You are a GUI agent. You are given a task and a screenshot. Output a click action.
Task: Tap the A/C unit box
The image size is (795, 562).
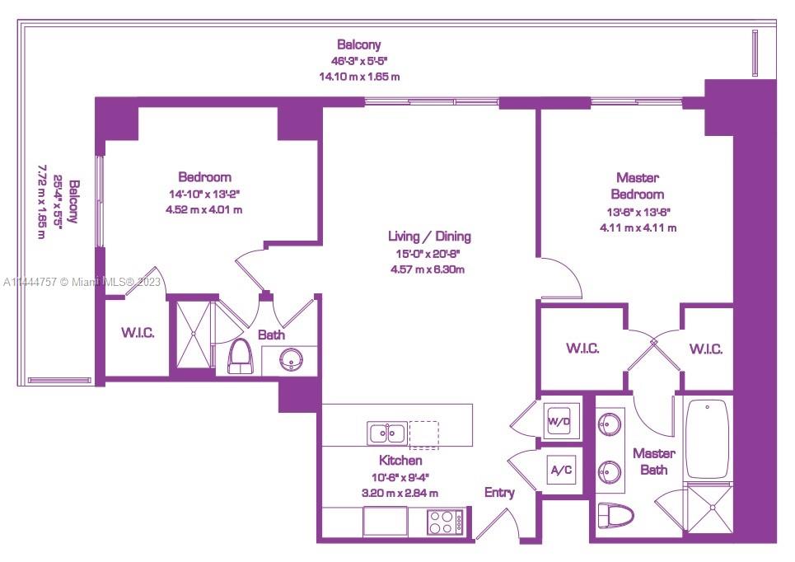(561, 471)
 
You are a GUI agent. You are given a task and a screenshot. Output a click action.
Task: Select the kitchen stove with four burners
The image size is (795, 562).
(445, 522)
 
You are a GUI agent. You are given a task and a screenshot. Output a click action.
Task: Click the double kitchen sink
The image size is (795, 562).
(387, 433)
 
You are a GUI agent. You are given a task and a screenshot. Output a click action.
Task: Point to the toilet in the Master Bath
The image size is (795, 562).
(616, 515)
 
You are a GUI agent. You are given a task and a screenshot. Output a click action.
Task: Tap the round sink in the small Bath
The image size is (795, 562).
(291, 360)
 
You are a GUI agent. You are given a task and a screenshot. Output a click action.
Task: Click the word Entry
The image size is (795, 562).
(499, 493)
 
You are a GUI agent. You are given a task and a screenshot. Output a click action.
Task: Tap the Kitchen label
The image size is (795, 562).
(400, 461)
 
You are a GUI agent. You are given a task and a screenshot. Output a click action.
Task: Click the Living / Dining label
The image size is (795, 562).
(429, 237)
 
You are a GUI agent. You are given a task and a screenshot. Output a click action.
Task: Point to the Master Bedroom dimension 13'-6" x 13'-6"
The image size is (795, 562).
(638, 213)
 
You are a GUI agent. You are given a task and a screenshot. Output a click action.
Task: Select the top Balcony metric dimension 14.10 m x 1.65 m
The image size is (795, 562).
(359, 77)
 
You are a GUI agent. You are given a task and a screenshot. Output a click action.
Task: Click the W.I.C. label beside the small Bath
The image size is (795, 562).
(138, 333)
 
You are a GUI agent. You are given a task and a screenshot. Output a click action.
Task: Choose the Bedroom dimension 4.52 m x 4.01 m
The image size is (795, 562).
(203, 209)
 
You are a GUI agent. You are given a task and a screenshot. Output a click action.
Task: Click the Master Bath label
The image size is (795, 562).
(654, 461)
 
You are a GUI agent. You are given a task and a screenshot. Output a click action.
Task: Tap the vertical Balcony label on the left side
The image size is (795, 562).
(74, 201)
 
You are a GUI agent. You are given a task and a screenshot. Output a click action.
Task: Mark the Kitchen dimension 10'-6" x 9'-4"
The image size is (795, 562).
(400, 477)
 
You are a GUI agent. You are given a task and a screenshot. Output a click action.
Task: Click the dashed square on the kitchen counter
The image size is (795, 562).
(424, 435)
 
